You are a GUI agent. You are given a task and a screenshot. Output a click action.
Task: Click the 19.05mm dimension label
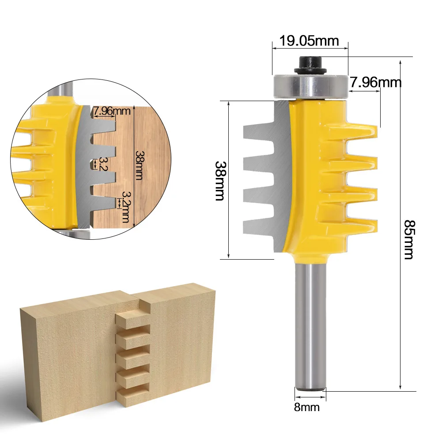tap(309, 41)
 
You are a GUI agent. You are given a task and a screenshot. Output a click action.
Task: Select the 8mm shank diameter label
tap(306, 407)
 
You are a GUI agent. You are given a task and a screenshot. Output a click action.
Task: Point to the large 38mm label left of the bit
tap(219, 180)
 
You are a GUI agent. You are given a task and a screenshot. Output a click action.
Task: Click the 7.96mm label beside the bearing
tap(375, 82)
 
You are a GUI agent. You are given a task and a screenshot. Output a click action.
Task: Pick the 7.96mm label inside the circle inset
tap(111, 111)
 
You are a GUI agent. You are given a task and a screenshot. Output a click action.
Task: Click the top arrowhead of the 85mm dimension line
tap(400, 60)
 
